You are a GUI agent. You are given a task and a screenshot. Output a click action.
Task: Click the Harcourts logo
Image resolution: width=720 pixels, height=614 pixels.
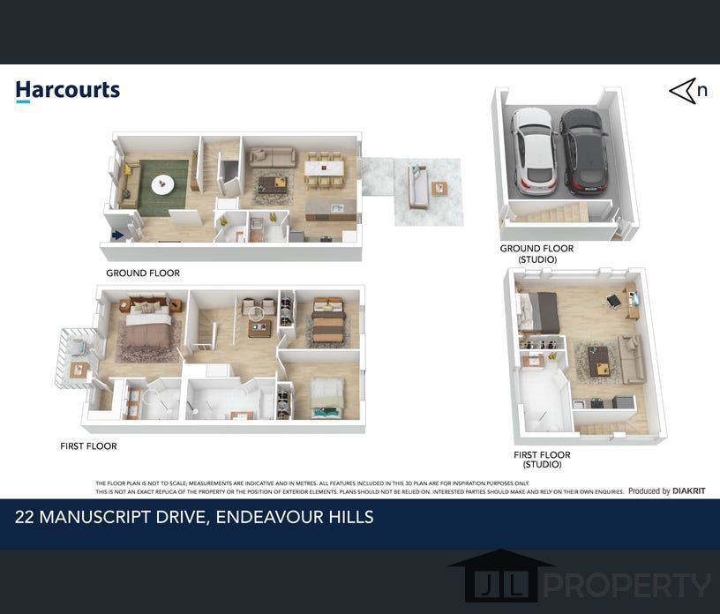[68, 91]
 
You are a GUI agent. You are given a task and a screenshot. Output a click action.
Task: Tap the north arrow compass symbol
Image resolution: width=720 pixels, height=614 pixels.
[688, 91]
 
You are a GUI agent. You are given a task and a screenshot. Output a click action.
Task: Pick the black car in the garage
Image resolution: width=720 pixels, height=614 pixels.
[584, 152]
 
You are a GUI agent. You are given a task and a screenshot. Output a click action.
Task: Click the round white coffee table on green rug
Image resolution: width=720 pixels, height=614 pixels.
[162, 184]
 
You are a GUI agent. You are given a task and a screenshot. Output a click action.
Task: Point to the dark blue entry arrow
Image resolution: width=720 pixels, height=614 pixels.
[117, 236]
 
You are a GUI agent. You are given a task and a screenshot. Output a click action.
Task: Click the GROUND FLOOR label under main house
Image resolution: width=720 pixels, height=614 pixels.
[143, 273]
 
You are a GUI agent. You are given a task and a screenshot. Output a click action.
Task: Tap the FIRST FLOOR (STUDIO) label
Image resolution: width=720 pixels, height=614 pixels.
[542, 460]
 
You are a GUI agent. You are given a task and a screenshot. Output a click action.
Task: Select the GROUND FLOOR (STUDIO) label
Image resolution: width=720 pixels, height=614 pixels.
[536, 253]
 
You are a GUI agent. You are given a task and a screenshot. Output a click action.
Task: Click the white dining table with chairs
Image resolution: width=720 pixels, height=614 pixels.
[324, 168]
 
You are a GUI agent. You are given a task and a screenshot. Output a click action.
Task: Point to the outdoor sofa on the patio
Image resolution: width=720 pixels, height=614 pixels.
[418, 187]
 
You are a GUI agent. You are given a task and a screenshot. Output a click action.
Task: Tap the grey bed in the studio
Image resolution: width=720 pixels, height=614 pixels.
[539, 312]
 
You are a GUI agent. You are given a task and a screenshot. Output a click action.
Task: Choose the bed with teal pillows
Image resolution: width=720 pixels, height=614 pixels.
[327, 398]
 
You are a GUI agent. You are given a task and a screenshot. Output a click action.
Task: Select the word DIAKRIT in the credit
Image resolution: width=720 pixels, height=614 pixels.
[689, 490]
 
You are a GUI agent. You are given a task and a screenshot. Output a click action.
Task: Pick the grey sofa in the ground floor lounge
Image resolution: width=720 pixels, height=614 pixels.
[273, 158]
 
